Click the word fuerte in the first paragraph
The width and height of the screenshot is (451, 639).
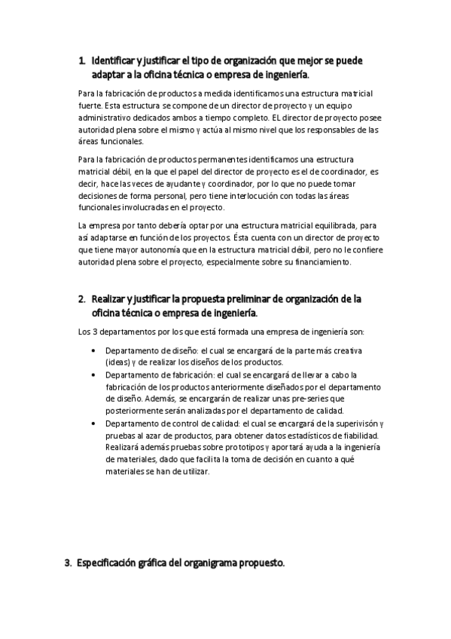(90, 105)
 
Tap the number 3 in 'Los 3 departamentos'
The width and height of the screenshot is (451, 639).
(93, 332)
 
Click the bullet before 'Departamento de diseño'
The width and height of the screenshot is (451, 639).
(92, 351)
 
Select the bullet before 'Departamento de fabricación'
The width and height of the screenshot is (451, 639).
(92, 375)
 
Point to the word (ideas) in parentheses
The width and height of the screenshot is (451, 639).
(118, 362)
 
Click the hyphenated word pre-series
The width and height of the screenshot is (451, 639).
(318, 398)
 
